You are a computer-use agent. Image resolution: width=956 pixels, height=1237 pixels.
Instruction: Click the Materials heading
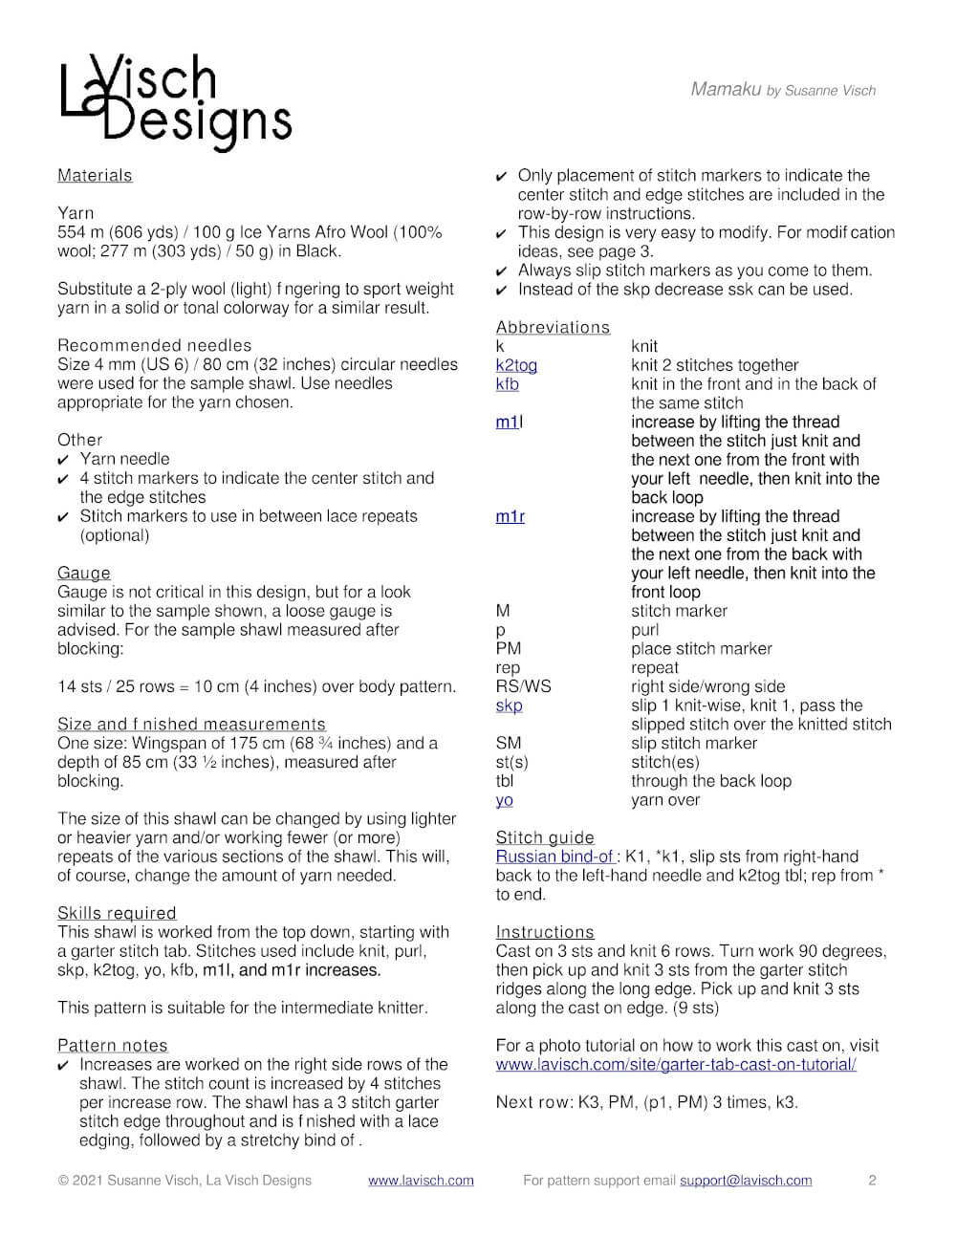95,176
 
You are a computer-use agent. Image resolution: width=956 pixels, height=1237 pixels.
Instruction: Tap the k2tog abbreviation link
516,365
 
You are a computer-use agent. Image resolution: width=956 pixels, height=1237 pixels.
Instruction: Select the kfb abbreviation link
508,384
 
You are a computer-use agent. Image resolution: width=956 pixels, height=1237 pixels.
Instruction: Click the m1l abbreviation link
509,423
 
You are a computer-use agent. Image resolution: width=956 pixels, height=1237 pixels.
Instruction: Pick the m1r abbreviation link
511,517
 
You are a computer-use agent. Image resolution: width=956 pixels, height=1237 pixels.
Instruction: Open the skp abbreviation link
509,705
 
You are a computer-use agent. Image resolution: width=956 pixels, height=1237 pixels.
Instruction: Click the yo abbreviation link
504,800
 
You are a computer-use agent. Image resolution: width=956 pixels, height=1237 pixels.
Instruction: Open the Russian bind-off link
555,857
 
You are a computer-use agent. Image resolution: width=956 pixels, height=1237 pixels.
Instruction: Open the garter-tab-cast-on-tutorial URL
676,1065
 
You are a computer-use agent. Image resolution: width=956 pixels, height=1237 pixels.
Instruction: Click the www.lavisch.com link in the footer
421,1181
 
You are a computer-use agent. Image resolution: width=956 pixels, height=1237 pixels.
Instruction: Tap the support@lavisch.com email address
746,1181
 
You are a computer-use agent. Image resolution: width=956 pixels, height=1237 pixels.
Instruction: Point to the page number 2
872,1181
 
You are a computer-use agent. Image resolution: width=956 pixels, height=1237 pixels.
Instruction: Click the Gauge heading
84,574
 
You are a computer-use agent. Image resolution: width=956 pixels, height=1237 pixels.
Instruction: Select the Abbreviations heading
553,328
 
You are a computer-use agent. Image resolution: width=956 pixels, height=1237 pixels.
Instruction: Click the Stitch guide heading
545,838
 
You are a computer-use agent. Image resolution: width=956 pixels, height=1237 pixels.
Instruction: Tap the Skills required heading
117,914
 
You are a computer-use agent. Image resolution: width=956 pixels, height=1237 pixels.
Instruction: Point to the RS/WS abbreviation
523,686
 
